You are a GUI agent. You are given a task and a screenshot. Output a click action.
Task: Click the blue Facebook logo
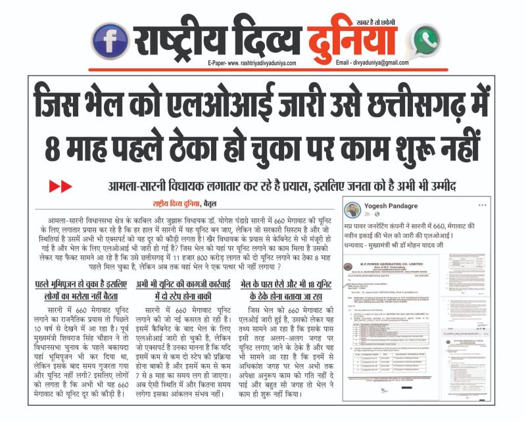tap(110, 40)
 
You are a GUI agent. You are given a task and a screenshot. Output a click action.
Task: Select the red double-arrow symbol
tap(60, 187)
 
